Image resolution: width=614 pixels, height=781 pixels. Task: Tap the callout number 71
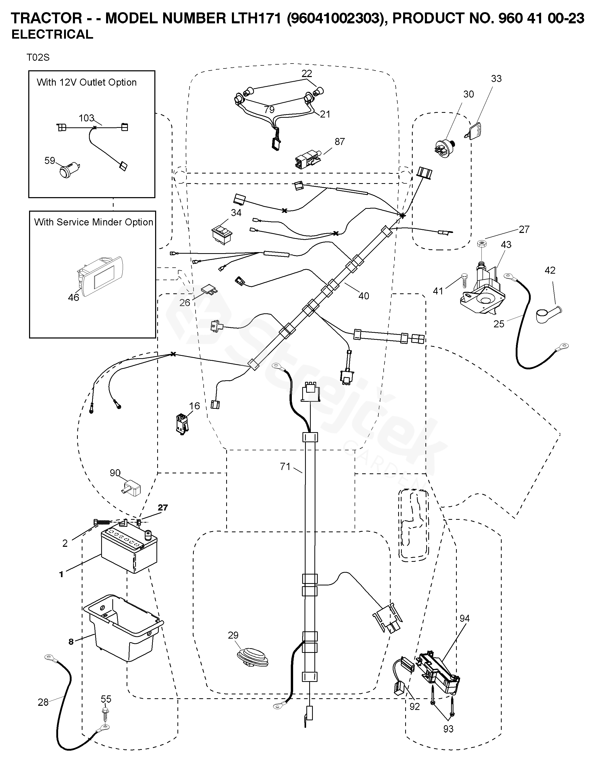pyautogui.click(x=285, y=467)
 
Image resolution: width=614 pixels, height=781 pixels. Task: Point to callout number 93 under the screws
pyautogui.click(x=448, y=729)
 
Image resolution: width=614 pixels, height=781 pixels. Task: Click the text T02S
pyautogui.click(x=38, y=58)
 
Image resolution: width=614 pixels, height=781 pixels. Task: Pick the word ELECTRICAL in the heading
pyautogui.click(x=52, y=34)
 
